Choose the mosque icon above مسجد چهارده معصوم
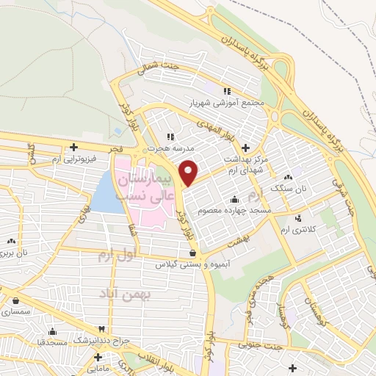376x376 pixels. [x=234, y=199]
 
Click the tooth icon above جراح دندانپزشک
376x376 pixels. [x=102, y=330]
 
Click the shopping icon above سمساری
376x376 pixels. [x=16, y=300]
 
